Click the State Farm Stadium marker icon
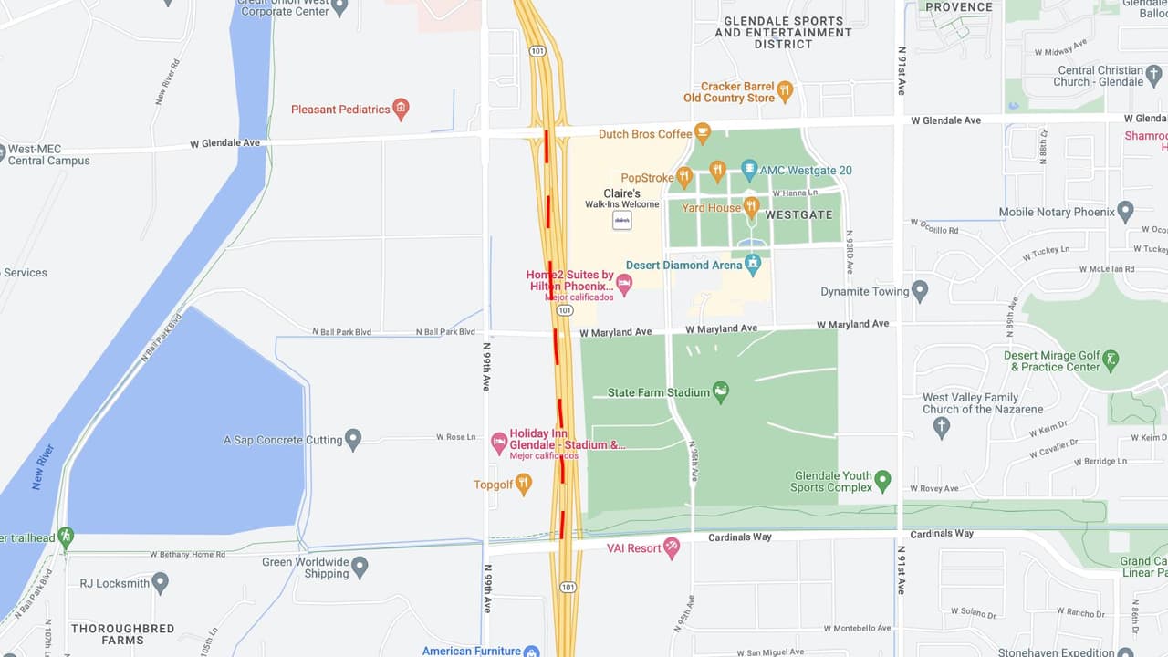[x=720, y=391]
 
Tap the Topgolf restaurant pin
[x=523, y=484]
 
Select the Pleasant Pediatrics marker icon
[x=400, y=109]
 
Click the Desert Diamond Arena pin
[x=753, y=265]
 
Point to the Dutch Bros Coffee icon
[x=702, y=133]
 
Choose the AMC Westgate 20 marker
[x=749, y=169]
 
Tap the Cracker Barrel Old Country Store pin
[x=785, y=91]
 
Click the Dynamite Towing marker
[x=920, y=291]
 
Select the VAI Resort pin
[x=672, y=547]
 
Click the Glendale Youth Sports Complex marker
[x=882, y=480]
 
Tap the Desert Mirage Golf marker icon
[x=1111, y=360]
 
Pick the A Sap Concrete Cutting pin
[x=353, y=439]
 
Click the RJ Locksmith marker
[x=161, y=581]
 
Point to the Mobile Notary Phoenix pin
[x=1125, y=211]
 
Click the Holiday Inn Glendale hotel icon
[x=499, y=443]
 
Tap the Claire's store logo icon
[x=621, y=220]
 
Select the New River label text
[x=43, y=467]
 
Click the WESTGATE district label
[x=798, y=214]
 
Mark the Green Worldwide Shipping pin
[x=360, y=567]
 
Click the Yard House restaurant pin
[x=751, y=207]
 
